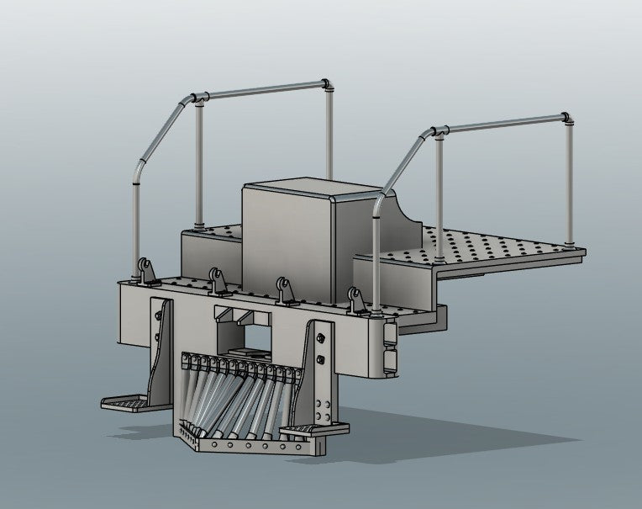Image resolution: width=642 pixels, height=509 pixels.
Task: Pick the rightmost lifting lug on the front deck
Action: pos(355,299)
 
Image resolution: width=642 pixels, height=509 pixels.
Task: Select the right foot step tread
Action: pos(303,431)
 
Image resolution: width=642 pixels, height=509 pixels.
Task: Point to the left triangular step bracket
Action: pos(160,353)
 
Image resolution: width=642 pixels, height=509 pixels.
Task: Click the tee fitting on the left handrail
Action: pos(199,98)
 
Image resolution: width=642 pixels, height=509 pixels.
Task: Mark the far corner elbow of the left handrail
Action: pos(327,83)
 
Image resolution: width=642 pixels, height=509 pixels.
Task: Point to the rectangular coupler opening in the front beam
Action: pos(244,337)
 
